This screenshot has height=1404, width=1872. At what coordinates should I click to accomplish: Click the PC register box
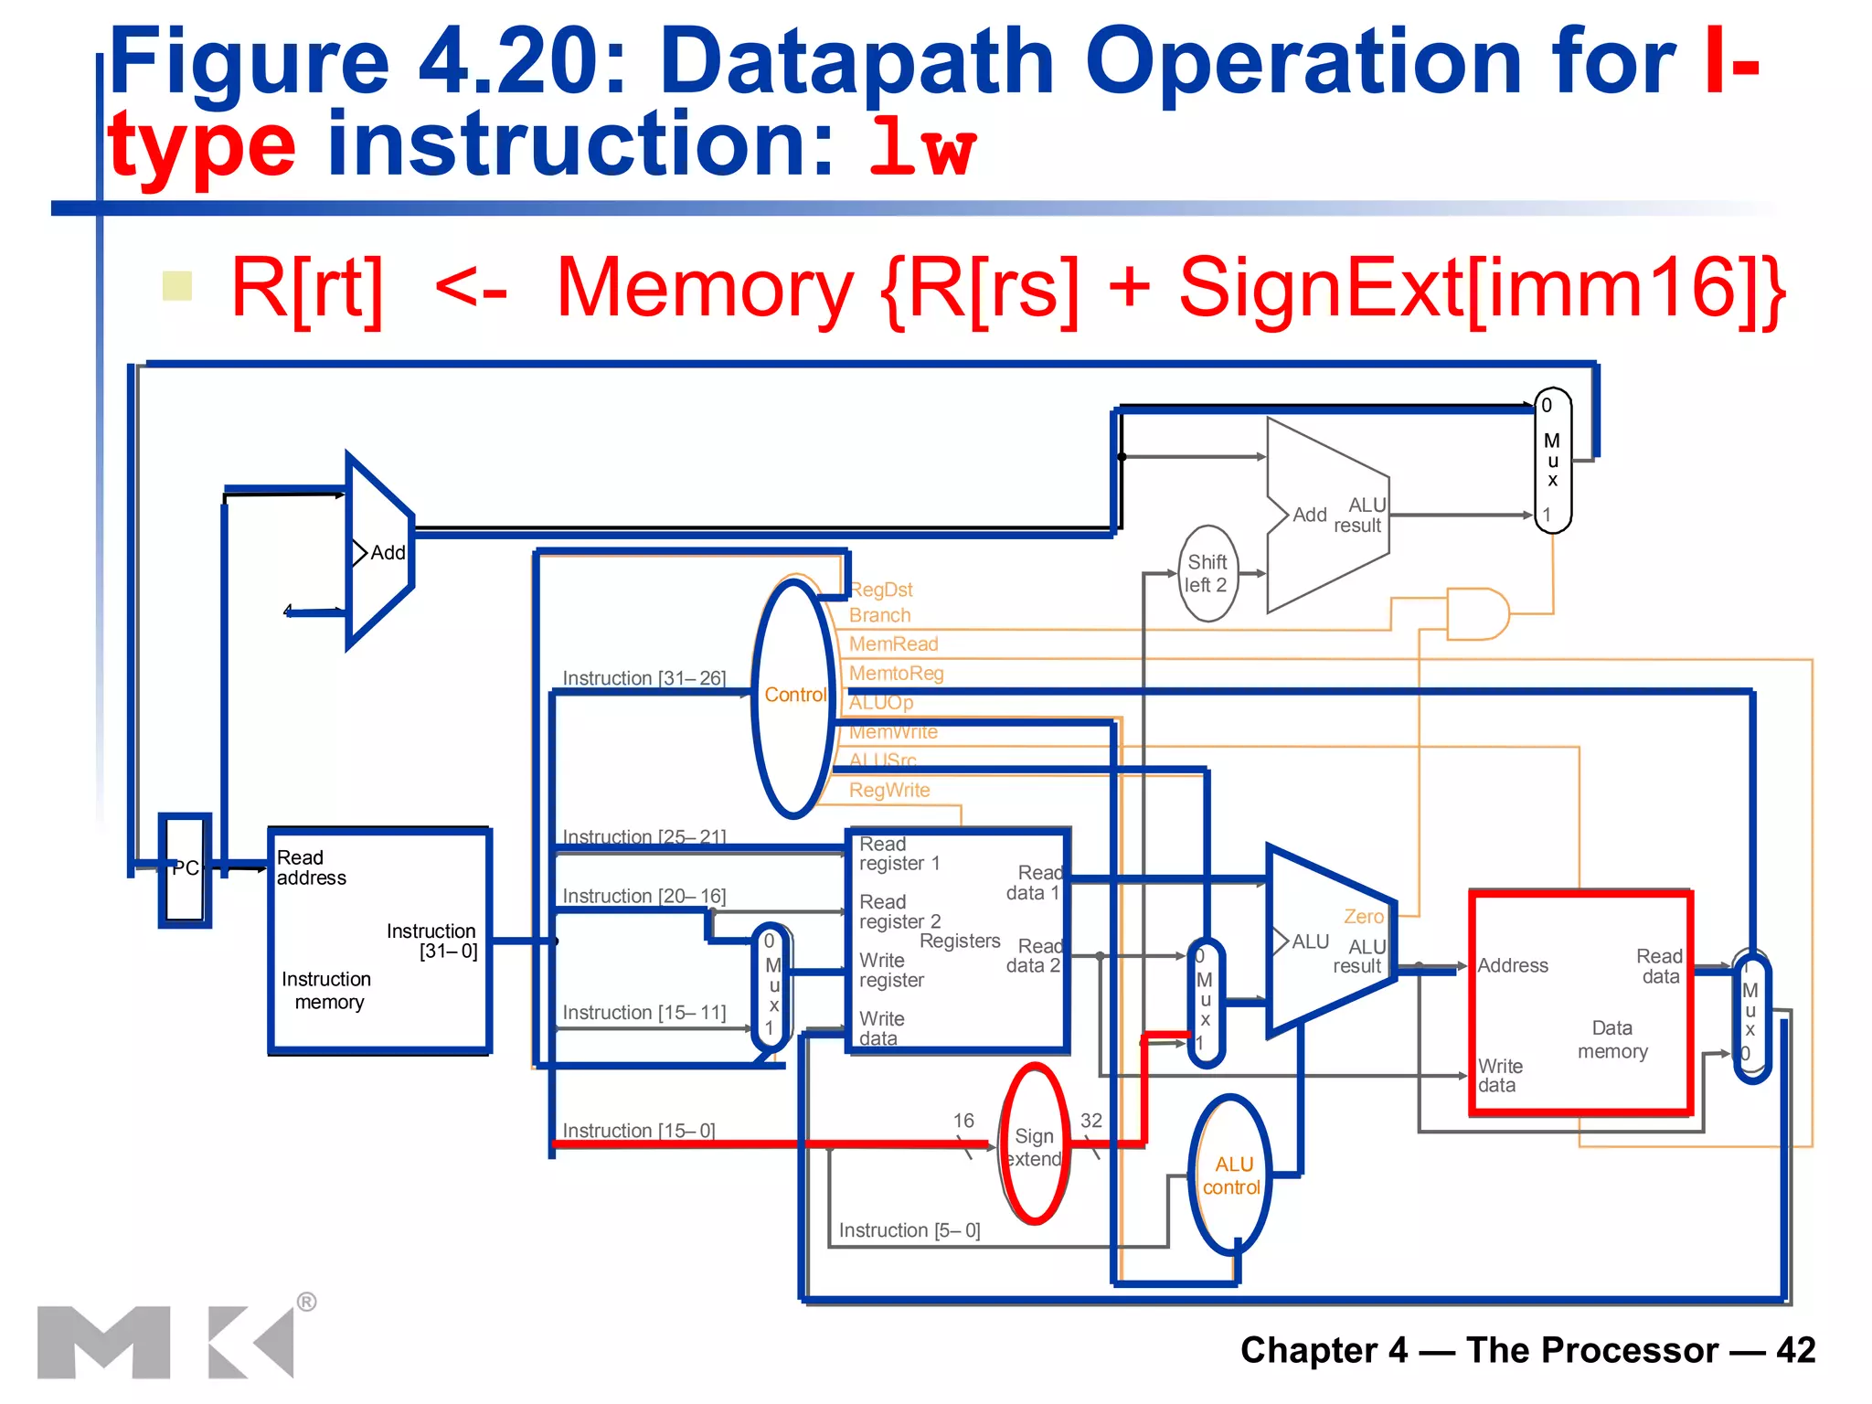pos(186,869)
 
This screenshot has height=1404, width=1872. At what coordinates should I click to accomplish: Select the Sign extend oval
pos(1035,1145)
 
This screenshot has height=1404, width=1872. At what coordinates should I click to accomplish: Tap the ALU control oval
pos(1231,1175)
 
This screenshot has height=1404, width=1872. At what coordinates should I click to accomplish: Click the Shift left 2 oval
pos(1207,573)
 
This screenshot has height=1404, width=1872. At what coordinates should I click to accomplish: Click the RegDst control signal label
pos(881,590)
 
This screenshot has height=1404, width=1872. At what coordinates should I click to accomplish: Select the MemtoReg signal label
pos(896,674)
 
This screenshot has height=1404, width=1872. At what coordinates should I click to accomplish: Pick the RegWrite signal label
pos(889,790)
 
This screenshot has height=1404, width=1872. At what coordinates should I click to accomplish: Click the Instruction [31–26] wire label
pos(643,678)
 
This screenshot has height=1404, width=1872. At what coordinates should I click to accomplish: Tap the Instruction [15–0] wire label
pos(638,1131)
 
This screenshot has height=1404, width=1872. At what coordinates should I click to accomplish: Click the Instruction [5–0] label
pos(909,1230)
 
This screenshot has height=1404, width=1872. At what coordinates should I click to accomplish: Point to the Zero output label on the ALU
pos(1363,916)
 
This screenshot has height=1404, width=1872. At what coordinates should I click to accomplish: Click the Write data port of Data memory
pos(1499,1076)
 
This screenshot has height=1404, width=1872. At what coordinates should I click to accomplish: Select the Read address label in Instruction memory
pos(311,867)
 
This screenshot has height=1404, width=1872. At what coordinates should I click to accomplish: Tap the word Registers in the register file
pos(960,941)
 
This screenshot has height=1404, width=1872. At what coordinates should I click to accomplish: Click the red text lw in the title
pos(923,146)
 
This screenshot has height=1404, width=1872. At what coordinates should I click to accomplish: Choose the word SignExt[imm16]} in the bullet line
pos(1481,289)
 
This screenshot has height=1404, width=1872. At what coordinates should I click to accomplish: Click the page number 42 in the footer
pos(1795,1350)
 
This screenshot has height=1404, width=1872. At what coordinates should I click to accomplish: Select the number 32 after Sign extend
pos(1091,1121)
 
